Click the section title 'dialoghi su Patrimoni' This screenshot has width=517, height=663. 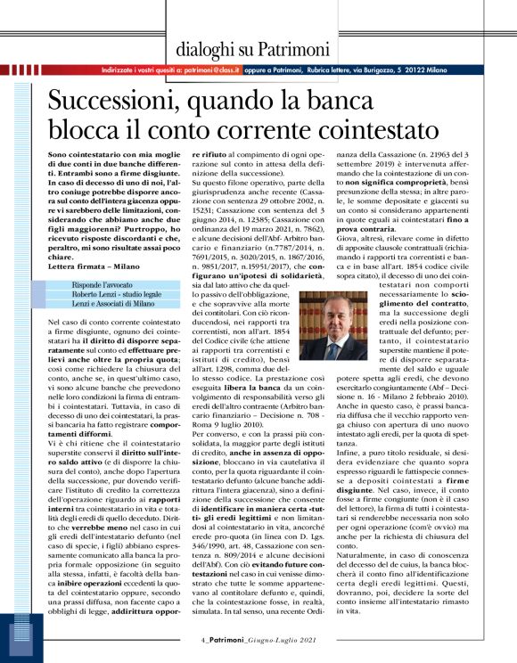(x=252, y=50)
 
